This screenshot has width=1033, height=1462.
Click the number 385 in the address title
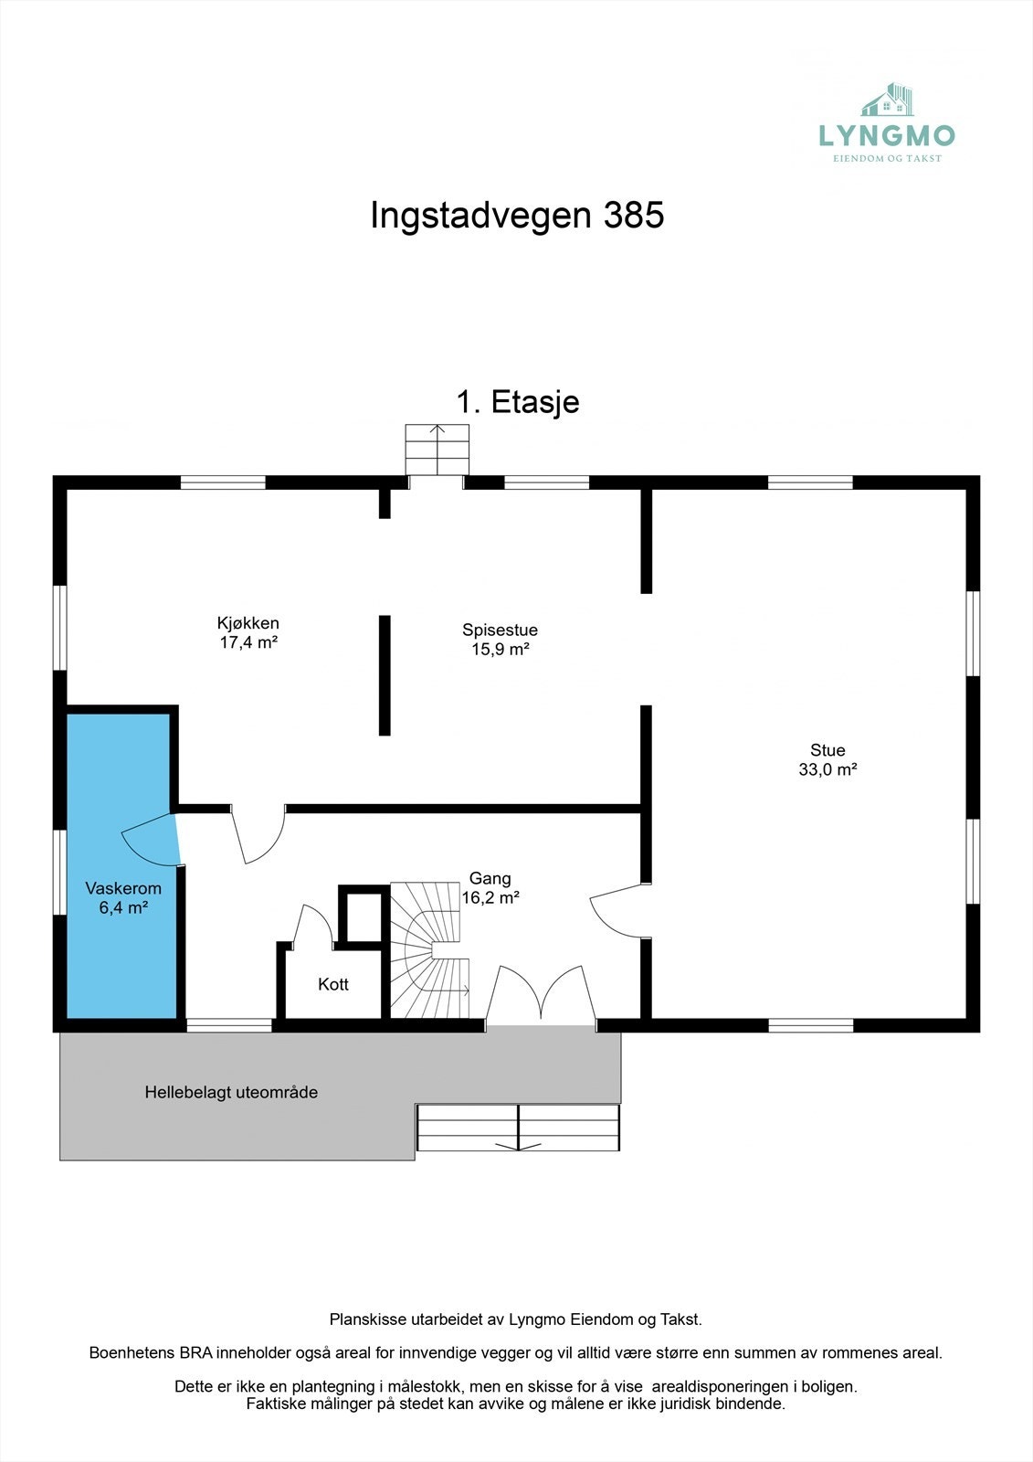click(633, 216)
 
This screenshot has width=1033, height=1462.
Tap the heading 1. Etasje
click(517, 402)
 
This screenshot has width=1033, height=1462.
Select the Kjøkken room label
click(248, 623)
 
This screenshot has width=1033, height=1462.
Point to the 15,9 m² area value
click(501, 650)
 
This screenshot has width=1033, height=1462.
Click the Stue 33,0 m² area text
click(827, 769)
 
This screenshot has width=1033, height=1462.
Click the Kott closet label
click(333, 984)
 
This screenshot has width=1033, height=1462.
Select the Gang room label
click(490, 878)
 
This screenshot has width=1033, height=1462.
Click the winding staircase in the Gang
click(429, 950)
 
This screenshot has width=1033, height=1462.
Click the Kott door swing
click(313, 925)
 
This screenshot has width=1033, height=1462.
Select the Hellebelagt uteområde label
click(231, 1092)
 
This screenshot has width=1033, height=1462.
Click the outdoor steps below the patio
click(518, 1128)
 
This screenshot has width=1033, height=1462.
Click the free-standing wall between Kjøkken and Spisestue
click(385, 675)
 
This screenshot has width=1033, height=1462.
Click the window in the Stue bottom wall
click(810, 1025)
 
